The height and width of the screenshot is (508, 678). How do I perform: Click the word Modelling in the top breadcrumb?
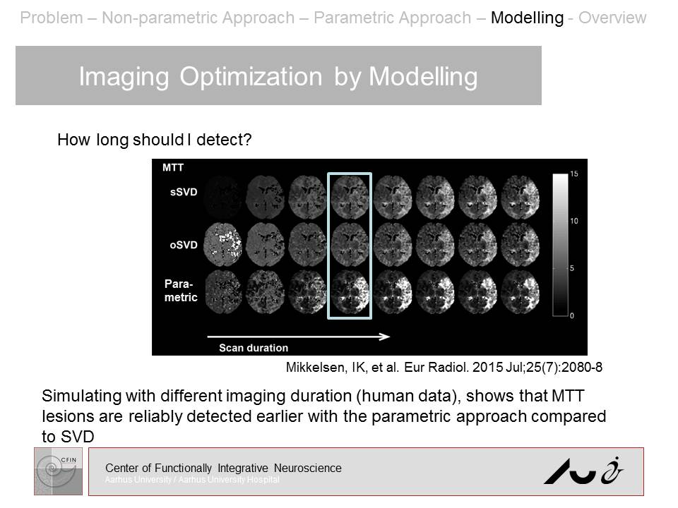click(527, 18)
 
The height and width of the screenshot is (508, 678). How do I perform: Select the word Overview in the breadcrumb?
click(612, 18)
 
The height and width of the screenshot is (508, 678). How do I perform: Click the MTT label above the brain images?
click(173, 168)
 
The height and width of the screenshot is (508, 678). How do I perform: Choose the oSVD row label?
click(182, 245)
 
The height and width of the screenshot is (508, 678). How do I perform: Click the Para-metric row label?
click(180, 290)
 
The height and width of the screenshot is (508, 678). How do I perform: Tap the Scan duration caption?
click(253, 347)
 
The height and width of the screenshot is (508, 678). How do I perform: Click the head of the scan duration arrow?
click(386, 337)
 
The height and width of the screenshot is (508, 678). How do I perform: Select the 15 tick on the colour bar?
click(574, 174)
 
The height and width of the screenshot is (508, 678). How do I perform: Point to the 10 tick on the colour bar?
click(574, 221)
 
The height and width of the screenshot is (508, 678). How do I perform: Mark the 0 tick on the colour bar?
click(572, 315)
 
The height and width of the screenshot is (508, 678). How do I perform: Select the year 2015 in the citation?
click(493, 367)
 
